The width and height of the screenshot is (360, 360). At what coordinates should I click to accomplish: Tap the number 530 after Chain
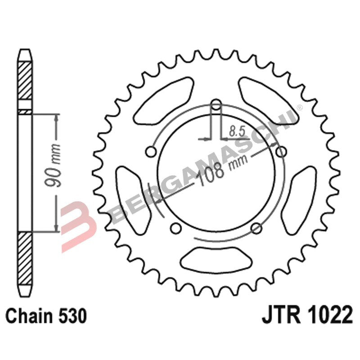(x=71, y=316)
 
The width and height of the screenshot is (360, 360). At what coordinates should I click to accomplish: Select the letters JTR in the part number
(x=280, y=316)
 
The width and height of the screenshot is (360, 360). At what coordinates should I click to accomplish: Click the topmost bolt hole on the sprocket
(x=216, y=106)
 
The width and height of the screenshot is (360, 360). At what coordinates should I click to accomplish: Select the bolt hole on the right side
(x=281, y=152)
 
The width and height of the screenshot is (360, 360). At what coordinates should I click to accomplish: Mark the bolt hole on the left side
(x=152, y=150)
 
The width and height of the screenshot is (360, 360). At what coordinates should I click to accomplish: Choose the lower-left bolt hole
(x=177, y=226)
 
